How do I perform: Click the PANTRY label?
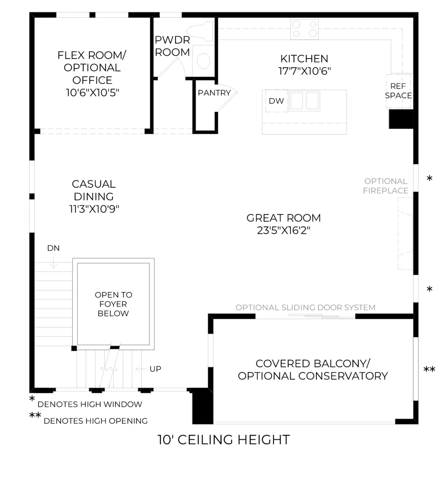(214, 93)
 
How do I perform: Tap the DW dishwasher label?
(276, 101)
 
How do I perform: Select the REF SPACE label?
(398, 91)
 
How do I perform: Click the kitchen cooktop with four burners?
(304, 29)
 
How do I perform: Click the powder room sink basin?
(203, 61)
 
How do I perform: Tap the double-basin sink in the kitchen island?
(304, 101)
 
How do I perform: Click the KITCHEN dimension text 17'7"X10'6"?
(305, 71)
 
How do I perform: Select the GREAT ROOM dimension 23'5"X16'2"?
(284, 230)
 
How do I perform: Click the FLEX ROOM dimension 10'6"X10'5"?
(92, 92)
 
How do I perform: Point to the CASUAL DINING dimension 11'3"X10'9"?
(94, 209)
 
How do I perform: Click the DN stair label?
(53, 248)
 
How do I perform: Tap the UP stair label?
(155, 369)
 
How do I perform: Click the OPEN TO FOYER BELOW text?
(113, 304)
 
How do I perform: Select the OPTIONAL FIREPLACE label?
(386, 186)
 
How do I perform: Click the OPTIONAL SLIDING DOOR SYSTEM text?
(305, 307)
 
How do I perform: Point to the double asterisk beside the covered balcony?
(429, 369)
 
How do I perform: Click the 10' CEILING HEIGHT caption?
(224, 440)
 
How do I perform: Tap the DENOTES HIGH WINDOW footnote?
(90, 404)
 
